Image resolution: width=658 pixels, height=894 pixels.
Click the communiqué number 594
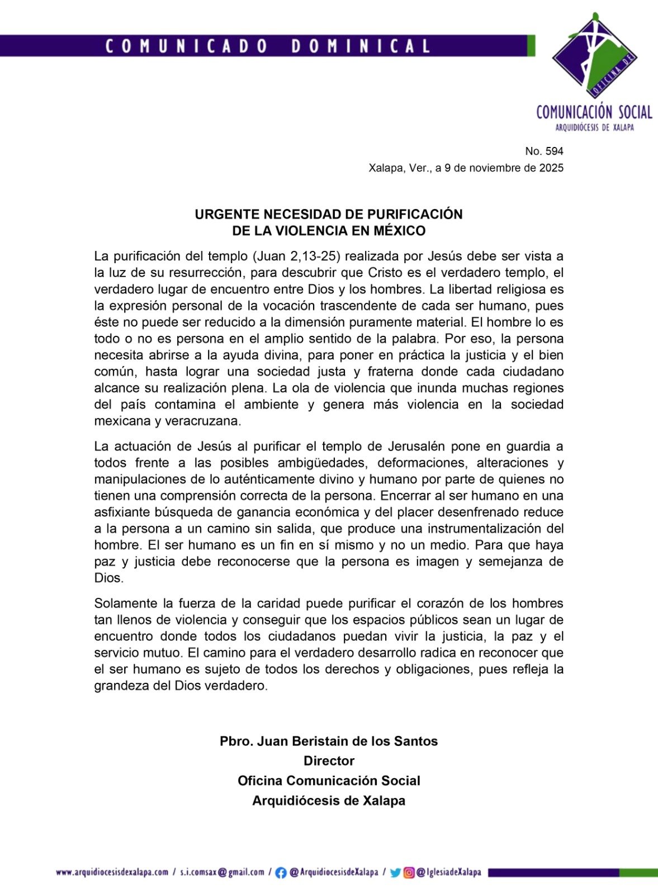553,151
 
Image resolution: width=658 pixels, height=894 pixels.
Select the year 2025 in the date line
551,168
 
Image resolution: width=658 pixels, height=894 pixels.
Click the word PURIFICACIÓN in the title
414,215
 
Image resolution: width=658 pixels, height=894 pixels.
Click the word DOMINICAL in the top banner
361,46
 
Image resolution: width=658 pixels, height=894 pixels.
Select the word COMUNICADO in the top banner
187,46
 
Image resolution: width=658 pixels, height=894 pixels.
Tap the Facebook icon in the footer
281,872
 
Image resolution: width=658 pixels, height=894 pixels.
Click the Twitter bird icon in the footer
395,872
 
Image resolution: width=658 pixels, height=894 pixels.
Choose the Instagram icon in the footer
409,872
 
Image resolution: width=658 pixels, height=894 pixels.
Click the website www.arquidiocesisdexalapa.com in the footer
112,872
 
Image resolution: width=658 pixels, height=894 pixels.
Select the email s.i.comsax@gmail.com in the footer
222,872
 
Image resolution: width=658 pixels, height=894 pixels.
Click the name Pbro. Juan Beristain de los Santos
329,741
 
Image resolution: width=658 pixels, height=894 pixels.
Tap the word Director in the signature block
329,761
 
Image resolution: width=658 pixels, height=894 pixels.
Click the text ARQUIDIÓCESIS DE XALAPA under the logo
594,127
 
